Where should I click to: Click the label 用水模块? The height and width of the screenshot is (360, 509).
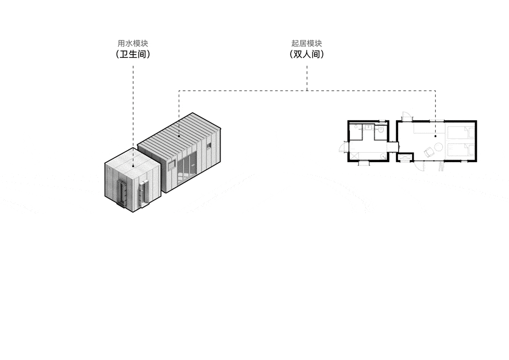point(133,43)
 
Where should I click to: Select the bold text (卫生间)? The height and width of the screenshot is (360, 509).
point(133,54)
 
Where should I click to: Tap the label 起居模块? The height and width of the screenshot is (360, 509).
point(306,43)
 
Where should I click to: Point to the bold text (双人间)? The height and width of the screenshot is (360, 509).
point(306,54)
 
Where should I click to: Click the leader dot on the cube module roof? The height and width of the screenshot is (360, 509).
point(133,164)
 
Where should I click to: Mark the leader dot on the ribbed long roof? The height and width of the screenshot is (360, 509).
point(179,136)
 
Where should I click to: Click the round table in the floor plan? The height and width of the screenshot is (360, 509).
point(438,146)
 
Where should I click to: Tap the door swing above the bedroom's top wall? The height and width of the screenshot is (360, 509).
point(406,116)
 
